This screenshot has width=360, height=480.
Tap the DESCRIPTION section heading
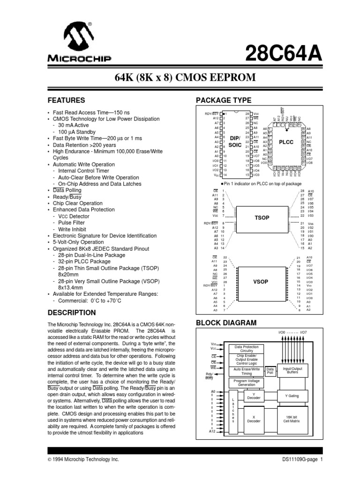pos(72,313)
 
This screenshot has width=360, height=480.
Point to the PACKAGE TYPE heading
pos(223,100)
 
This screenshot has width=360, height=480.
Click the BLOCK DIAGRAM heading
pos(226,322)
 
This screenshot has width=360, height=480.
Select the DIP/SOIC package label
pos(234,142)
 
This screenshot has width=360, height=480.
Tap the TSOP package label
pos(262,218)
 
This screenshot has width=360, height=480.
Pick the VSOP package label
pos(261,282)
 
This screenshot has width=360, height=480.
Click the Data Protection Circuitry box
pos(247,349)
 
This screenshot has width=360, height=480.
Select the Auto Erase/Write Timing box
pos(247,371)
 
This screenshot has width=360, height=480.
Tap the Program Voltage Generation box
pos(247,383)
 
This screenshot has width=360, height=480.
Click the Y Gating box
pos(292,396)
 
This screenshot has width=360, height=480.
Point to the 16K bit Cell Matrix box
pos(292,419)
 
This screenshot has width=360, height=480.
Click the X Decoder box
pos(254,419)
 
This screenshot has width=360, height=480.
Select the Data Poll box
pos(270,371)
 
